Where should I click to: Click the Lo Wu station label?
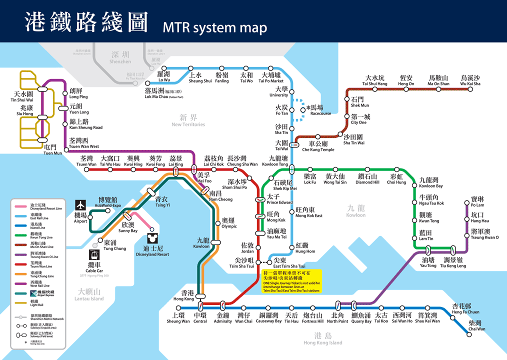pyautogui.click(x=164, y=76)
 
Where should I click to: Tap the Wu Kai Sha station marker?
pyautogui.click(x=470, y=90)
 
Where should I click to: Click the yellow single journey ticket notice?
pyautogui.click(x=291, y=281)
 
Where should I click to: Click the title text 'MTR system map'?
pyautogui.click(x=215, y=28)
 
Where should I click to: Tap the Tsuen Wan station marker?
pyautogui.click(x=86, y=169)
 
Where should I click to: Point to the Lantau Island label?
pyautogui.click(x=90, y=295)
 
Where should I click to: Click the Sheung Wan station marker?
pyautogui.click(x=178, y=307)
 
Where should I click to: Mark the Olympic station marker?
pyautogui.click(x=217, y=223)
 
